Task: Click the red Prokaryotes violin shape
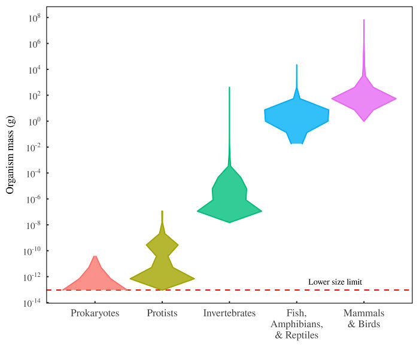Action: click(x=95, y=280)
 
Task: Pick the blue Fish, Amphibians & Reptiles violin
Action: click(x=297, y=117)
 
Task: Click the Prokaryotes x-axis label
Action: click(x=95, y=313)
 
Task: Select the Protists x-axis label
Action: click(x=162, y=313)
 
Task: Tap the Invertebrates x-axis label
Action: click(x=229, y=313)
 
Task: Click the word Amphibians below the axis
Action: click(x=297, y=325)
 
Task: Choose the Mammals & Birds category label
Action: click(x=363, y=319)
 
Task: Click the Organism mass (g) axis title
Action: click(x=10, y=155)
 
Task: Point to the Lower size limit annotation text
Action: click(x=335, y=282)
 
